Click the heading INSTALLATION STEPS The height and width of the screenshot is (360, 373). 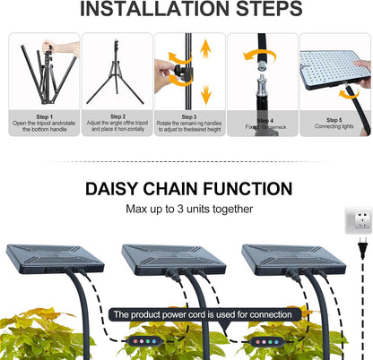(186, 11)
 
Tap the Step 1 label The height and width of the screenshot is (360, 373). (44, 116)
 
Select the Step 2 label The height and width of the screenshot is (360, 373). (117, 116)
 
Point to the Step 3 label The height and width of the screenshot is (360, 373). (189, 116)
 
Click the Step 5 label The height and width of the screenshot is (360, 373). (334, 119)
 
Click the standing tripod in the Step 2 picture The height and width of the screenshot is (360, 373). (117, 70)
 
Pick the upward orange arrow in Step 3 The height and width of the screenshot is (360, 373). (205, 48)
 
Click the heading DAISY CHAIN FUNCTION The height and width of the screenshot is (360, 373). (188, 189)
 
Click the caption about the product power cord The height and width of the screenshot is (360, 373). (202, 314)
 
